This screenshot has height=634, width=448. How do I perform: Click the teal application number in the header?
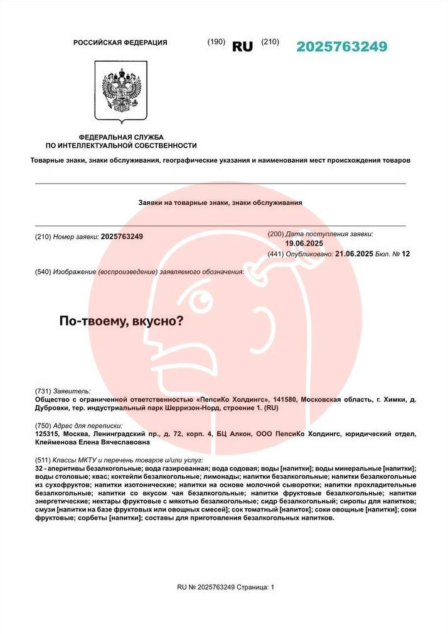tap(341, 46)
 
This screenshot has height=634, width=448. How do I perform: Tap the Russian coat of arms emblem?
tap(121, 90)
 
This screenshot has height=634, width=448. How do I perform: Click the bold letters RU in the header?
tap(242, 46)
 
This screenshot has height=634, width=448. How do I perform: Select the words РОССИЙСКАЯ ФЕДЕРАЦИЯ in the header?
tap(120, 43)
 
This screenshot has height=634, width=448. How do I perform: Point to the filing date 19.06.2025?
tap(304, 243)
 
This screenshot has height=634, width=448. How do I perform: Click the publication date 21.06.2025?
tap(355, 254)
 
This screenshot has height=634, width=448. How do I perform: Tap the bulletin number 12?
tap(405, 254)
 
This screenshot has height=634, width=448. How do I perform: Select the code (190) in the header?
tap(216, 41)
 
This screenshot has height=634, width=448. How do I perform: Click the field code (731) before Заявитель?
tap(43, 391)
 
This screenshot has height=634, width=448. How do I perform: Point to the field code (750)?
tap(43, 425)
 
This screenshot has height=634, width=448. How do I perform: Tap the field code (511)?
tap(43, 461)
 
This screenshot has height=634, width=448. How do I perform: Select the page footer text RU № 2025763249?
tap(206, 587)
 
